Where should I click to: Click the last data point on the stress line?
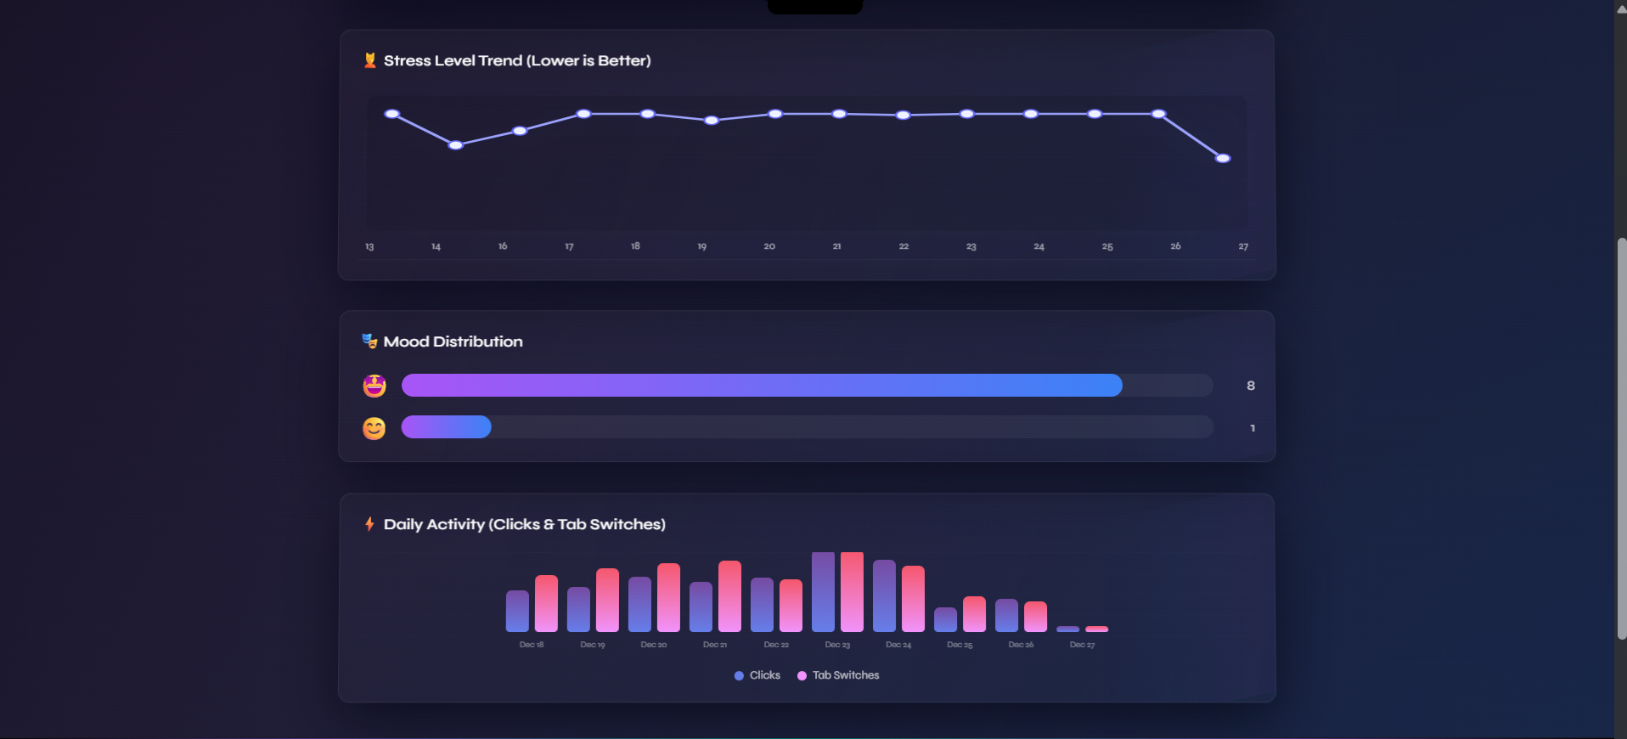[x=1223, y=159]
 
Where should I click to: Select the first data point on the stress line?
[x=391, y=114]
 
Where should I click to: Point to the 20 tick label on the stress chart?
[x=769, y=246]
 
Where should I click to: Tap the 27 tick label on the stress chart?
[x=1243, y=246]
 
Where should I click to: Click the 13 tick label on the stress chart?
[x=369, y=246]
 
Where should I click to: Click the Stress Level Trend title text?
[x=517, y=61]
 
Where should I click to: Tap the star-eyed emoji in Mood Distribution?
[x=374, y=386]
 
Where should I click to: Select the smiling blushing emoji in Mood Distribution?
[x=374, y=428]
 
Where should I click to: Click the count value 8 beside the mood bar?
[x=1251, y=386]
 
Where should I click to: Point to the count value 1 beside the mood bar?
[x=1253, y=428]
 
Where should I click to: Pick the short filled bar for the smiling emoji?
[x=447, y=427]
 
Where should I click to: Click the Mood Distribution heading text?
[x=453, y=341]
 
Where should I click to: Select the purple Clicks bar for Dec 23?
[x=823, y=592]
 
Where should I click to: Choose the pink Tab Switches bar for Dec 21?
[x=729, y=596]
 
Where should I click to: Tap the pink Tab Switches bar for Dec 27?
[x=1097, y=629]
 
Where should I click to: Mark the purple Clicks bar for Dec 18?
[x=517, y=611]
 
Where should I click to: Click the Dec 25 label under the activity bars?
[x=960, y=646]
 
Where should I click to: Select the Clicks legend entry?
[x=757, y=675]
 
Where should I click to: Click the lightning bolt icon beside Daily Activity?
[x=369, y=524]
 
